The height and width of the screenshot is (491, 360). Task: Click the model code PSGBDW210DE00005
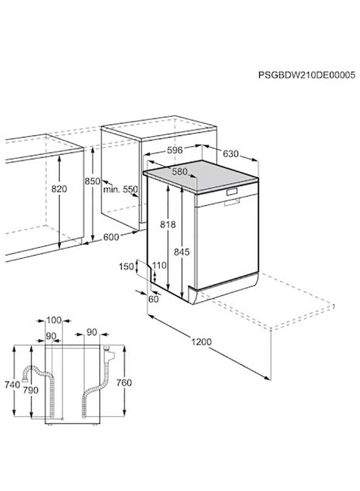[x=307, y=75]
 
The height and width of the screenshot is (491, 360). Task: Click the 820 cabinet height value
[x=59, y=189]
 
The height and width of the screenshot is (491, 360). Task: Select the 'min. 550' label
[x=121, y=189]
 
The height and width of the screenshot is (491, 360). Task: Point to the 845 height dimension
[x=182, y=252]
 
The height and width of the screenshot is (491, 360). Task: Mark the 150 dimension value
[x=126, y=266]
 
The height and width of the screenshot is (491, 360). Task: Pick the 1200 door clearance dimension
[x=202, y=342]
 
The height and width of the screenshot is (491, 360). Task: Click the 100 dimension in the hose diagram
[x=55, y=320]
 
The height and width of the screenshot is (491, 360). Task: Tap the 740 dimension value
[x=11, y=385]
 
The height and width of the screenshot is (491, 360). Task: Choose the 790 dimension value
[x=31, y=390]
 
